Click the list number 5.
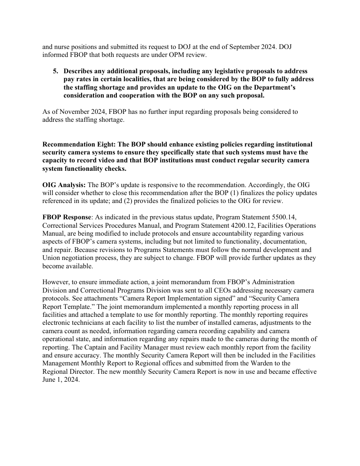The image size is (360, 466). (56, 71)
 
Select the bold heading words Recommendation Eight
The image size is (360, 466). (78, 144)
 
